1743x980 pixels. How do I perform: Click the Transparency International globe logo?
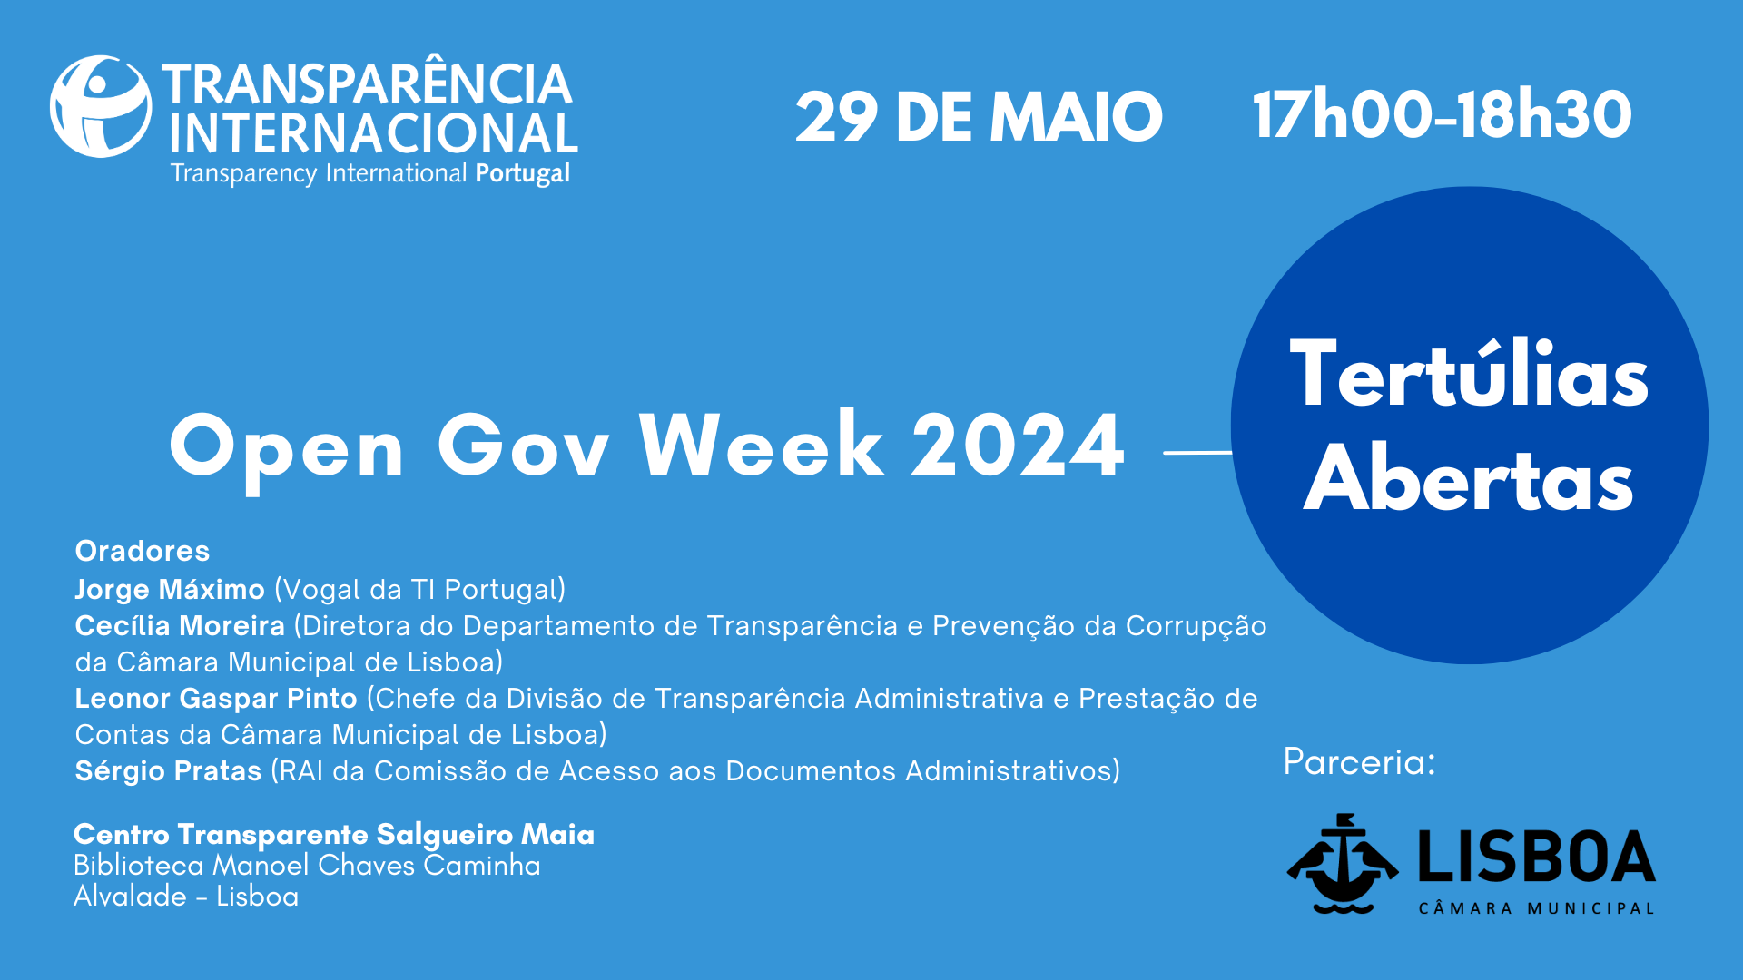(101, 106)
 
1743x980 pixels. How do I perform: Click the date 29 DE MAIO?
(979, 117)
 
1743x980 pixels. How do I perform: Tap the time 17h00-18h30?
(1443, 115)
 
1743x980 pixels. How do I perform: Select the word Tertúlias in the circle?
(1469, 374)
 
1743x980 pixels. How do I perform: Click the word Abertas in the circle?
(1469, 478)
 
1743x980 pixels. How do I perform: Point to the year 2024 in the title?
(1018, 446)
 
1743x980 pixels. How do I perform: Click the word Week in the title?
(762, 444)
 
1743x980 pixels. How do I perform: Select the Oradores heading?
(143, 551)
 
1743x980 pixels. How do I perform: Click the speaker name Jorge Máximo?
(170, 590)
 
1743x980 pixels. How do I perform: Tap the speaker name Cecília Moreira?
(180, 626)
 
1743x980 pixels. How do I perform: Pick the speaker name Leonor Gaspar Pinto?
(216, 699)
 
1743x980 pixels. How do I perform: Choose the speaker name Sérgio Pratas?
(168, 771)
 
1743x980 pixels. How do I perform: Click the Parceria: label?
(1359, 762)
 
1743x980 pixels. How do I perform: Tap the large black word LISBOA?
(1537, 857)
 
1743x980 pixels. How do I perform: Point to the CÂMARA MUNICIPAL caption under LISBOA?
(1537, 908)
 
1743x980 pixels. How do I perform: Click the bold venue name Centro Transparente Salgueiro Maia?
(334, 834)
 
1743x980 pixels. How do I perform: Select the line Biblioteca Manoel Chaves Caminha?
(307, 866)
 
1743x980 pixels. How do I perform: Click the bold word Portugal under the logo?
(523, 173)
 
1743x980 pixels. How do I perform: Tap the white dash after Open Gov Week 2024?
(1197, 451)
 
